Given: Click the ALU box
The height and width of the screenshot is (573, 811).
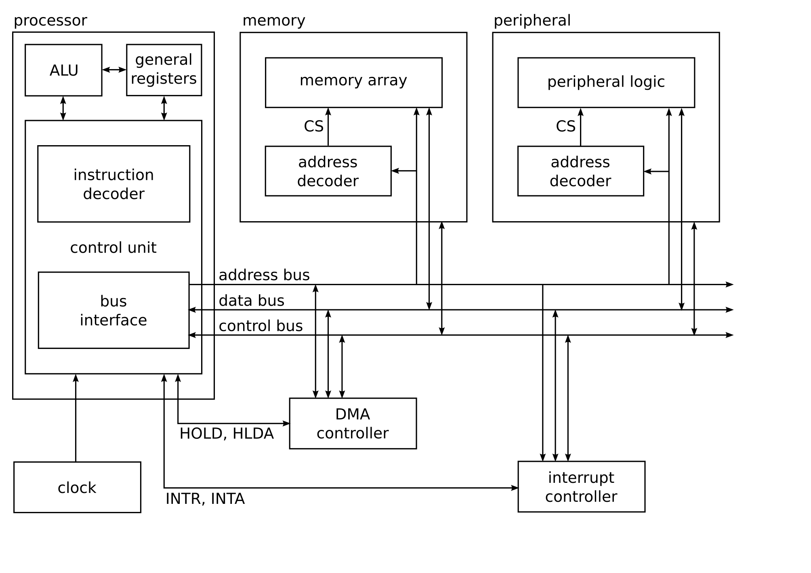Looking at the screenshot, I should (63, 70).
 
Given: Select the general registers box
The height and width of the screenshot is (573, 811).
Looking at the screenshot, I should (164, 70).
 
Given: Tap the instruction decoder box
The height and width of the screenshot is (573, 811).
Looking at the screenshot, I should (113, 184).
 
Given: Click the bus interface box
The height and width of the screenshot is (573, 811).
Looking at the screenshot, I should (113, 310).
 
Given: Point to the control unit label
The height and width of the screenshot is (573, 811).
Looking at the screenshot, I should (113, 247).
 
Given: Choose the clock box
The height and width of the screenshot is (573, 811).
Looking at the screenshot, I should (77, 487).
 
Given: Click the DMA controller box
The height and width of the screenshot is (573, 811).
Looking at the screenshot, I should (353, 423).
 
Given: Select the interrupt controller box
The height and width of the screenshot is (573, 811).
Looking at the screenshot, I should (581, 486).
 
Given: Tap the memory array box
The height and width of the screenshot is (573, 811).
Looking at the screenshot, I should (353, 82).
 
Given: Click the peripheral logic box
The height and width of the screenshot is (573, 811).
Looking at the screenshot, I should (606, 82).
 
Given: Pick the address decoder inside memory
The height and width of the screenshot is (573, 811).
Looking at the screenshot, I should (328, 171).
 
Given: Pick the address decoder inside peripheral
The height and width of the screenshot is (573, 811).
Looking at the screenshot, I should (580, 171).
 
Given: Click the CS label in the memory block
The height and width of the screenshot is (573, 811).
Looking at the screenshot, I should (313, 127).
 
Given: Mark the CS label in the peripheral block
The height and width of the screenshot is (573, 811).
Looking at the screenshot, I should (565, 127).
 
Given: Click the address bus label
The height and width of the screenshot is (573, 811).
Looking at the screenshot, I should (264, 275).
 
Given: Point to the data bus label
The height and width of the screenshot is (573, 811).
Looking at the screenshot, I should (252, 300).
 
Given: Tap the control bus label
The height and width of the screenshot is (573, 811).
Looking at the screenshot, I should (261, 326).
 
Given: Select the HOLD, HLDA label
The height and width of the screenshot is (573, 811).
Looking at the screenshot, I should (227, 433).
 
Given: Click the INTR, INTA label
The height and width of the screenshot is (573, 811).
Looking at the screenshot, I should (205, 499).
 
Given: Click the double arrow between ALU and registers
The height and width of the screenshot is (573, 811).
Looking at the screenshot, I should (114, 70).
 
